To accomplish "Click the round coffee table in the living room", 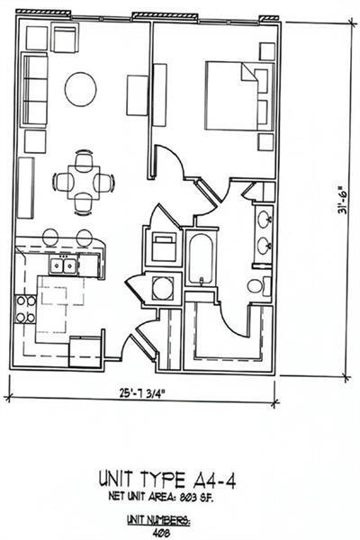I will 80,88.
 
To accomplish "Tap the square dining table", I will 85,181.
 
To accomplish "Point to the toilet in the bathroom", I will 256,286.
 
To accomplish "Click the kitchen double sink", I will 63,265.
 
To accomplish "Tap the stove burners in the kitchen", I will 24,309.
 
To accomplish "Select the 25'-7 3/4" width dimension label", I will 143,393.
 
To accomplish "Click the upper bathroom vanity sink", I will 265,219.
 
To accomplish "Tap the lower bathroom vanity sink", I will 265,244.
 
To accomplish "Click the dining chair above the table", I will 85,160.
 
